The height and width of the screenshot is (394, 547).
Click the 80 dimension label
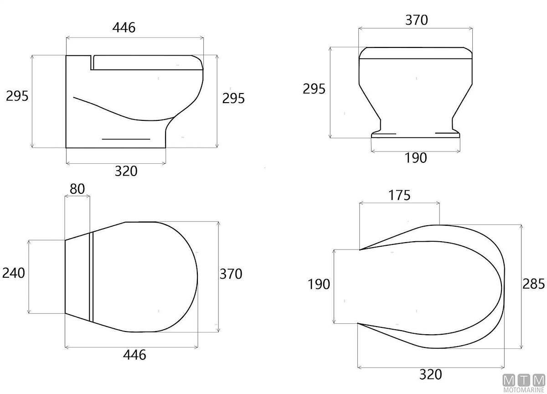coord(77,189)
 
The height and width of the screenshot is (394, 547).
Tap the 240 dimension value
coord(13,273)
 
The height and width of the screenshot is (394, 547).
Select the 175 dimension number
coord(399,195)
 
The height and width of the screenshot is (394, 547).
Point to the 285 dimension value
coord(533,284)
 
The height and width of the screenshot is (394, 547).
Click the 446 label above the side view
coord(124,27)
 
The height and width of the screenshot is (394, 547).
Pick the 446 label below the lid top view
coord(134,355)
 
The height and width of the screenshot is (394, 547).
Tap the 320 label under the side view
coord(126,171)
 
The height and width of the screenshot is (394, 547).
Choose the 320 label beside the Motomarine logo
coord(430,374)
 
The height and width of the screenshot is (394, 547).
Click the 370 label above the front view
coord(417,20)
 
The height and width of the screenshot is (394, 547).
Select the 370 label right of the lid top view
coord(231,274)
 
